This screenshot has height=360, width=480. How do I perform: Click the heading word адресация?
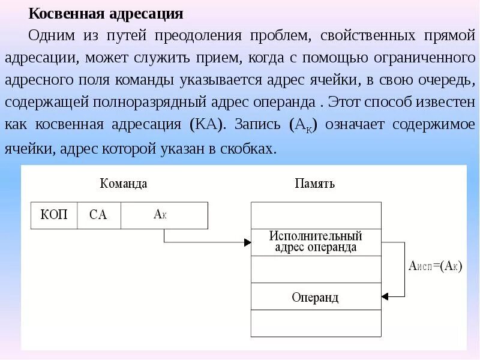[x=147, y=13]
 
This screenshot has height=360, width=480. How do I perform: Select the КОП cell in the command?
[x=54, y=215]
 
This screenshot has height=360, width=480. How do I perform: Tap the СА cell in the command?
[x=98, y=215]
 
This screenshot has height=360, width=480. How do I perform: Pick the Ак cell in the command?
[x=164, y=215]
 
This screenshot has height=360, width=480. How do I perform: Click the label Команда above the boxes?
[x=123, y=184]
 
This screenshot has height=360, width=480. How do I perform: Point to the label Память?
[x=314, y=184]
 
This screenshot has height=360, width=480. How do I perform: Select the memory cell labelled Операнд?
[x=315, y=297]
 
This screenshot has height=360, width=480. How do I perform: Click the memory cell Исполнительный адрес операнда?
[x=315, y=242]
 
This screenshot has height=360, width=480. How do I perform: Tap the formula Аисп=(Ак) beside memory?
[x=434, y=266]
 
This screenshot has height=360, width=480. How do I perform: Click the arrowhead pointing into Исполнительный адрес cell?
[x=247, y=242]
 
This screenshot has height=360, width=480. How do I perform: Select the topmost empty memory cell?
[x=315, y=215]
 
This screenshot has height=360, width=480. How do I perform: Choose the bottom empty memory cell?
[x=315, y=324]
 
